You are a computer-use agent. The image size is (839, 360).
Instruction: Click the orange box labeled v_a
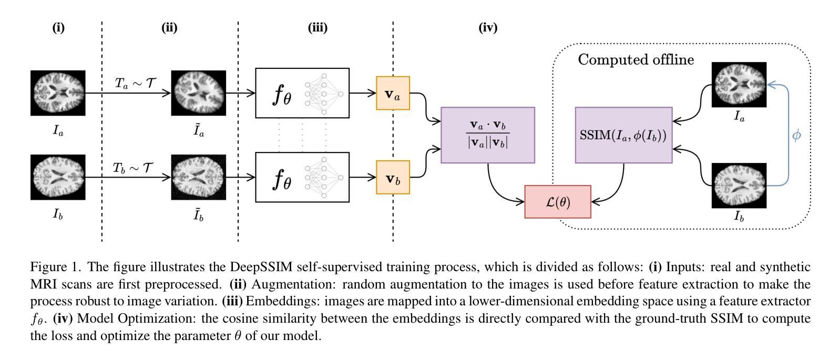click(393, 94)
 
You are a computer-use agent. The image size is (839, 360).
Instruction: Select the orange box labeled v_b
click(393, 178)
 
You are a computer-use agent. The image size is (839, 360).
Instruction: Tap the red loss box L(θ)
click(558, 202)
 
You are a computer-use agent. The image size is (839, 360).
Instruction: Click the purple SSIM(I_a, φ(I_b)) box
click(623, 135)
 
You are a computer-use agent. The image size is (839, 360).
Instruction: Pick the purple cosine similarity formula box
click(488, 135)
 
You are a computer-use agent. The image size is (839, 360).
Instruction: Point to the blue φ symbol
click(796, 135)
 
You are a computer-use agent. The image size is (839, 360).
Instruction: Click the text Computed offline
click(636, 59)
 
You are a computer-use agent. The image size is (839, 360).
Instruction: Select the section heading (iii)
click(318, 28)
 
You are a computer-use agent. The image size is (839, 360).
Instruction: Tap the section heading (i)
click(58, 28)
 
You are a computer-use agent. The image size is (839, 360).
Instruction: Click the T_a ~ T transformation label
click(135, 83)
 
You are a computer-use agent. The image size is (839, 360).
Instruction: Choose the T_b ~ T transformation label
click(134, 168)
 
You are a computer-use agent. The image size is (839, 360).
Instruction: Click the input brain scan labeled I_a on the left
click(58, 93)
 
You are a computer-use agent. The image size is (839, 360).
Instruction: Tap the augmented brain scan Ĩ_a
click(198, 93)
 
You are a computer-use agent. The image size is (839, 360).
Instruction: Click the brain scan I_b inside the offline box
click(739, 185)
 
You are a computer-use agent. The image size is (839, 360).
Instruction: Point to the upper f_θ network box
click(302, 93)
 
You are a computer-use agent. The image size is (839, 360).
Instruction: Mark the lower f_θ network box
click(302, 177)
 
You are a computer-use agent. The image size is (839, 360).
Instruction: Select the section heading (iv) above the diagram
click(488, 28)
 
